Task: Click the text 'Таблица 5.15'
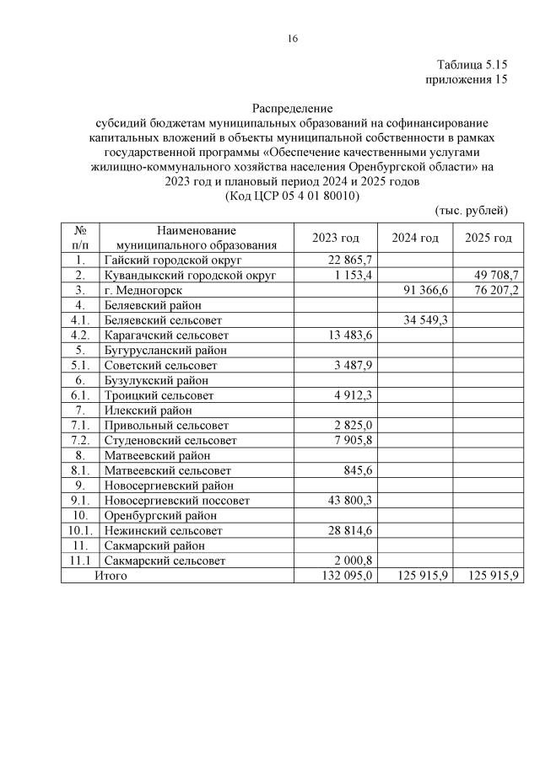pyautogui.click(x=472, y=65)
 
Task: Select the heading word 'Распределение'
pyautogui.click(x=292, y=109)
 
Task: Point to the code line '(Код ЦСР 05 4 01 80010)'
pyautogui.click(x=292, y=195)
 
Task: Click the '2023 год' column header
pyautogui.click(x=335, y=238)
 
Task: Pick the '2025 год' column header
pyautogui.click(x=489, y=238)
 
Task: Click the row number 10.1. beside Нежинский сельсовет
pyautogui.click(x=80, y=531)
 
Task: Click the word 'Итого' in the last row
pyautogui.click(x=110, y=576)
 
